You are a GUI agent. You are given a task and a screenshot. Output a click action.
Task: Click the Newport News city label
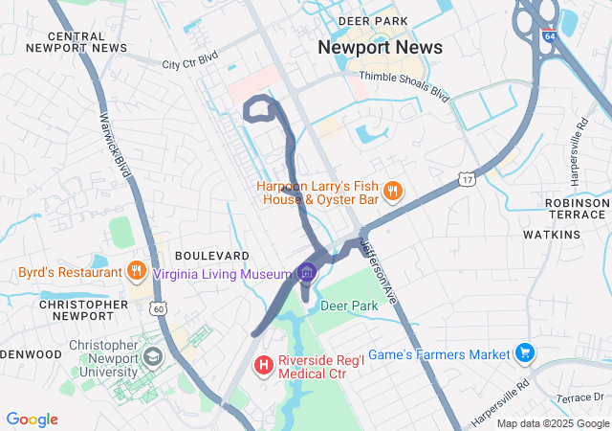(x=380, y=48)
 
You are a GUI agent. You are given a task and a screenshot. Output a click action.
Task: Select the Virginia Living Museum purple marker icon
(x=307, y=274)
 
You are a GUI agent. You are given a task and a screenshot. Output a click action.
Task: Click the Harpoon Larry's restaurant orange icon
(x=393, y=192)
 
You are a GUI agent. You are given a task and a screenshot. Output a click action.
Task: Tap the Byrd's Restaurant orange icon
(x=137, y=271)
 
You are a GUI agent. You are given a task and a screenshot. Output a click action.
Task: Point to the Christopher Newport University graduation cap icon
(x=152, y=358)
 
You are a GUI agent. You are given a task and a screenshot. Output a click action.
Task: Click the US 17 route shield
(x=466, y=179)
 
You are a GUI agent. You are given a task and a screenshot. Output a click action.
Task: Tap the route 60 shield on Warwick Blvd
(x=159, y=308)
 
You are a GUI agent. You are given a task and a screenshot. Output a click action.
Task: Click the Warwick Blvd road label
(x=114, y=145)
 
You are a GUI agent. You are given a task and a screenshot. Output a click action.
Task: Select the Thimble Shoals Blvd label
(x=404, y=86)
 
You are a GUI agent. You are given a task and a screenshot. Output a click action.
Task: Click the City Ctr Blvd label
(x=189, y=60)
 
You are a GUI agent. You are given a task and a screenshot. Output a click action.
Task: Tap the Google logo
(x=33, y=419)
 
